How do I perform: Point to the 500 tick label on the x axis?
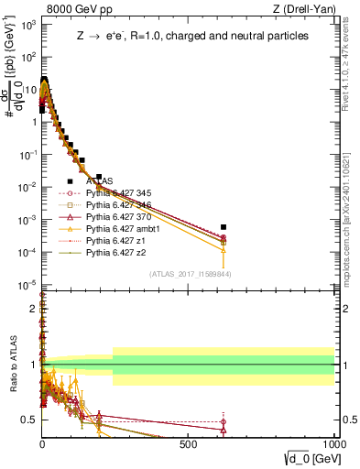(x=189, y=443)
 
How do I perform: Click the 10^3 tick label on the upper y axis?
(x=27, y=25)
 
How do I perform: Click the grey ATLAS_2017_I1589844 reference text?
(x=190, y=274)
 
